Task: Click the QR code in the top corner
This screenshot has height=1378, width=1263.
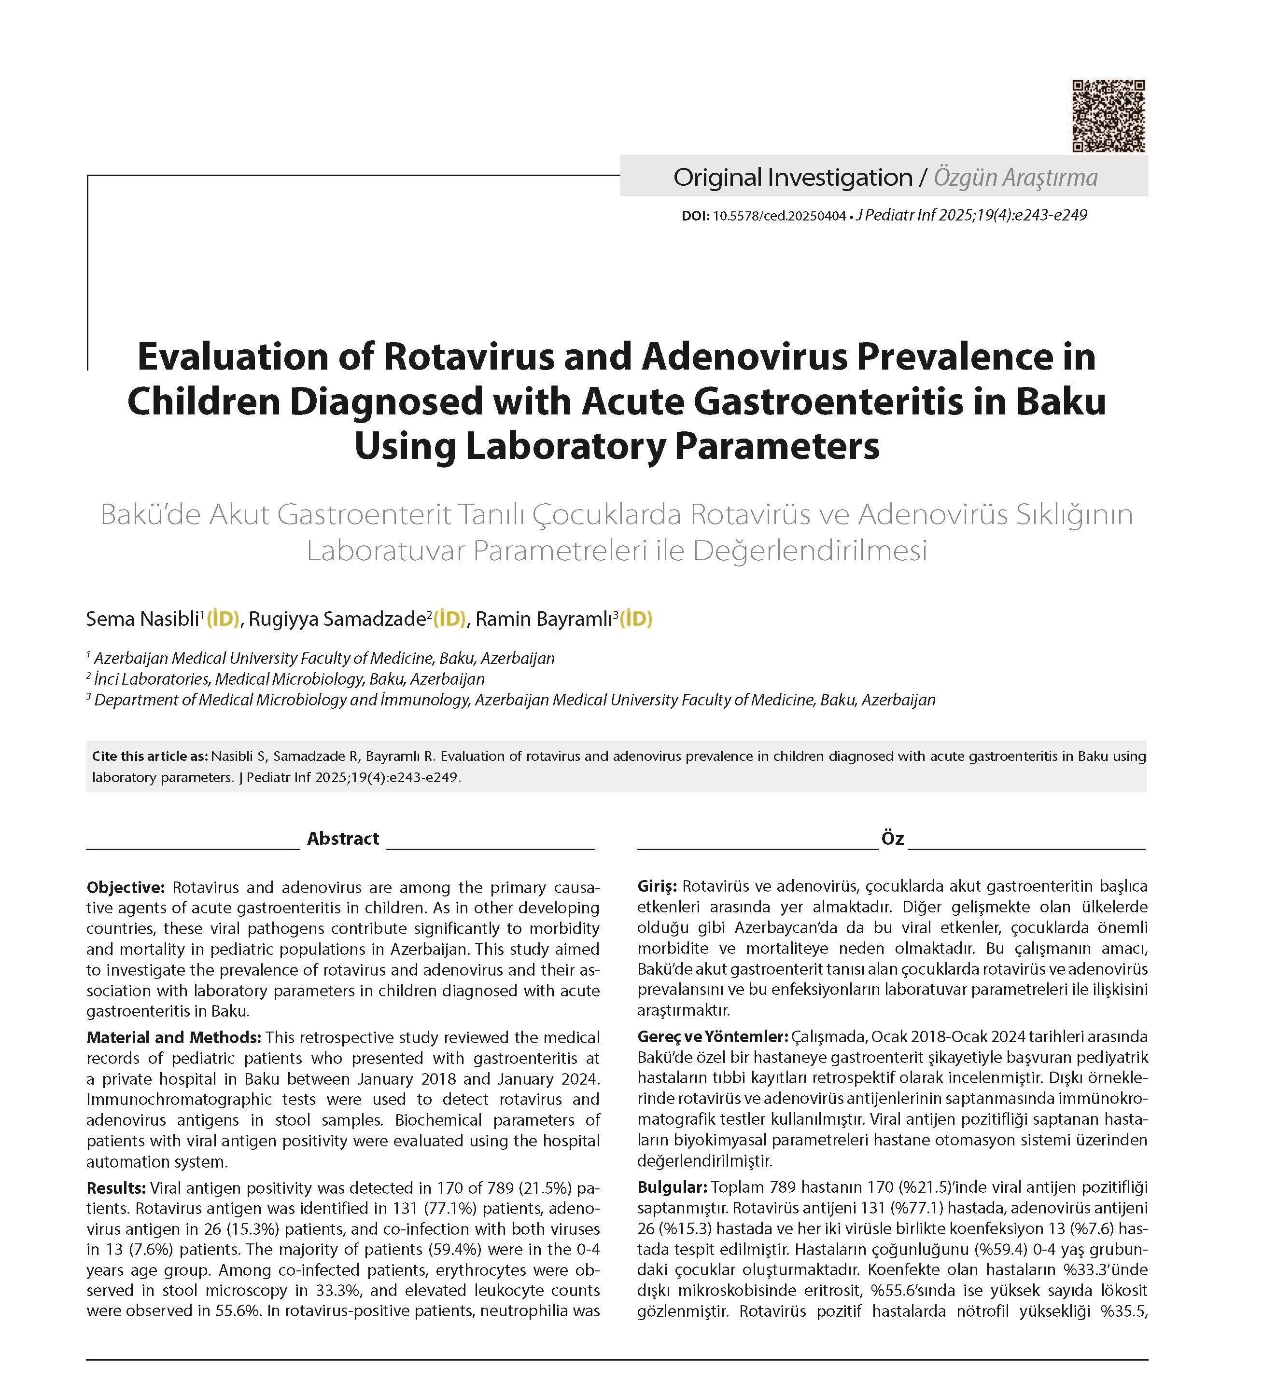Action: click(1108, 115)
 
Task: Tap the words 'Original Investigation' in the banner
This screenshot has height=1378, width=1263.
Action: click(793, 178)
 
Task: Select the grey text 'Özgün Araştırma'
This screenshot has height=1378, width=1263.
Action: click(1015, 178)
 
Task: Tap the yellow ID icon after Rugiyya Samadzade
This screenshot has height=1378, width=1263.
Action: click(450, 620)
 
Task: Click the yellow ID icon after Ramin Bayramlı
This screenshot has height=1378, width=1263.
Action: click(636, 620)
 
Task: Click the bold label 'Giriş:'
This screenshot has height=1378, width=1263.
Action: click(657, 886)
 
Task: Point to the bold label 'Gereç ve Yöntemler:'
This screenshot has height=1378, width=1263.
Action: click(713, 1037)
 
